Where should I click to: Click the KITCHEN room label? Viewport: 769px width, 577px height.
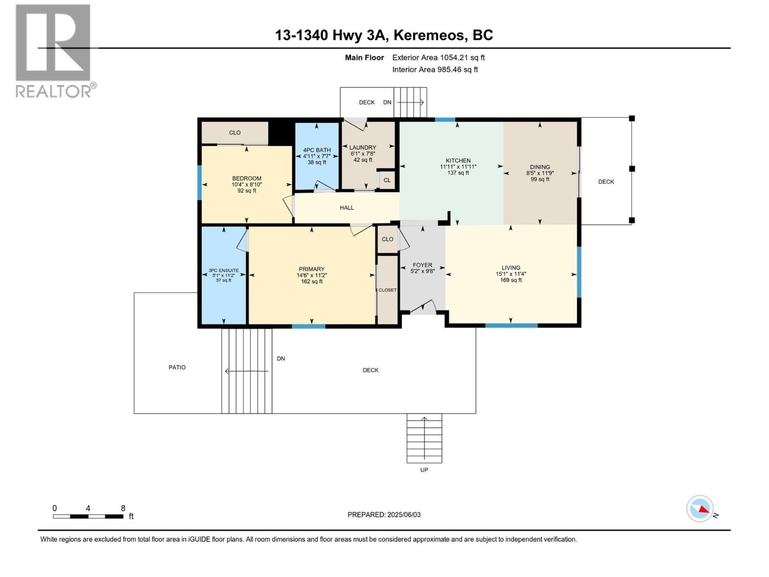click(458, 161)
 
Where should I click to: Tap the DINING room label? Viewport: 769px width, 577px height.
click(540, 167)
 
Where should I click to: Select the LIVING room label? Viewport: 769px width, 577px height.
click(510, 268)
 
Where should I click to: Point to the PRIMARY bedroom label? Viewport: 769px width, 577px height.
click(311, 269)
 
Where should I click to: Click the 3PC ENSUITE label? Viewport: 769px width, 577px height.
click(223, 271)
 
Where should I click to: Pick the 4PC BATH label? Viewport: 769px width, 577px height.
click(317, 150)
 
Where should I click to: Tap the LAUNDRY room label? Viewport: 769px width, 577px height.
click(362, 148)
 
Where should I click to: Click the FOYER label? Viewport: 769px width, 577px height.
click(422, 265)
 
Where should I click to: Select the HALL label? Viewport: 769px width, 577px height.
click(347, 208)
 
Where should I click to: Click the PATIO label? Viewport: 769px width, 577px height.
click(177, 367)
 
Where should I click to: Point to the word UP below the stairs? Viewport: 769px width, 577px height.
click(424, 470)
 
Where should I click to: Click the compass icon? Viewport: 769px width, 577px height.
click(700, 509)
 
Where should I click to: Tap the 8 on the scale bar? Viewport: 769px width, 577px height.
click(123, 508)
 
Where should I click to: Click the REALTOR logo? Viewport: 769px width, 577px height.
click(54, 50)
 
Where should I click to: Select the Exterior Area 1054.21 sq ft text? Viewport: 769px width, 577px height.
click(438, 58)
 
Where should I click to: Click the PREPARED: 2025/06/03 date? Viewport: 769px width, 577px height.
click(384, 514)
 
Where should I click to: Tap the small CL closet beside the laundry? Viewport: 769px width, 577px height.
click(387, 180)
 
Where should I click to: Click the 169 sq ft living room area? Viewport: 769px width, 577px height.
click(510, 280)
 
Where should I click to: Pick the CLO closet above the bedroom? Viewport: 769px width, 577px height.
click(235, 133)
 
